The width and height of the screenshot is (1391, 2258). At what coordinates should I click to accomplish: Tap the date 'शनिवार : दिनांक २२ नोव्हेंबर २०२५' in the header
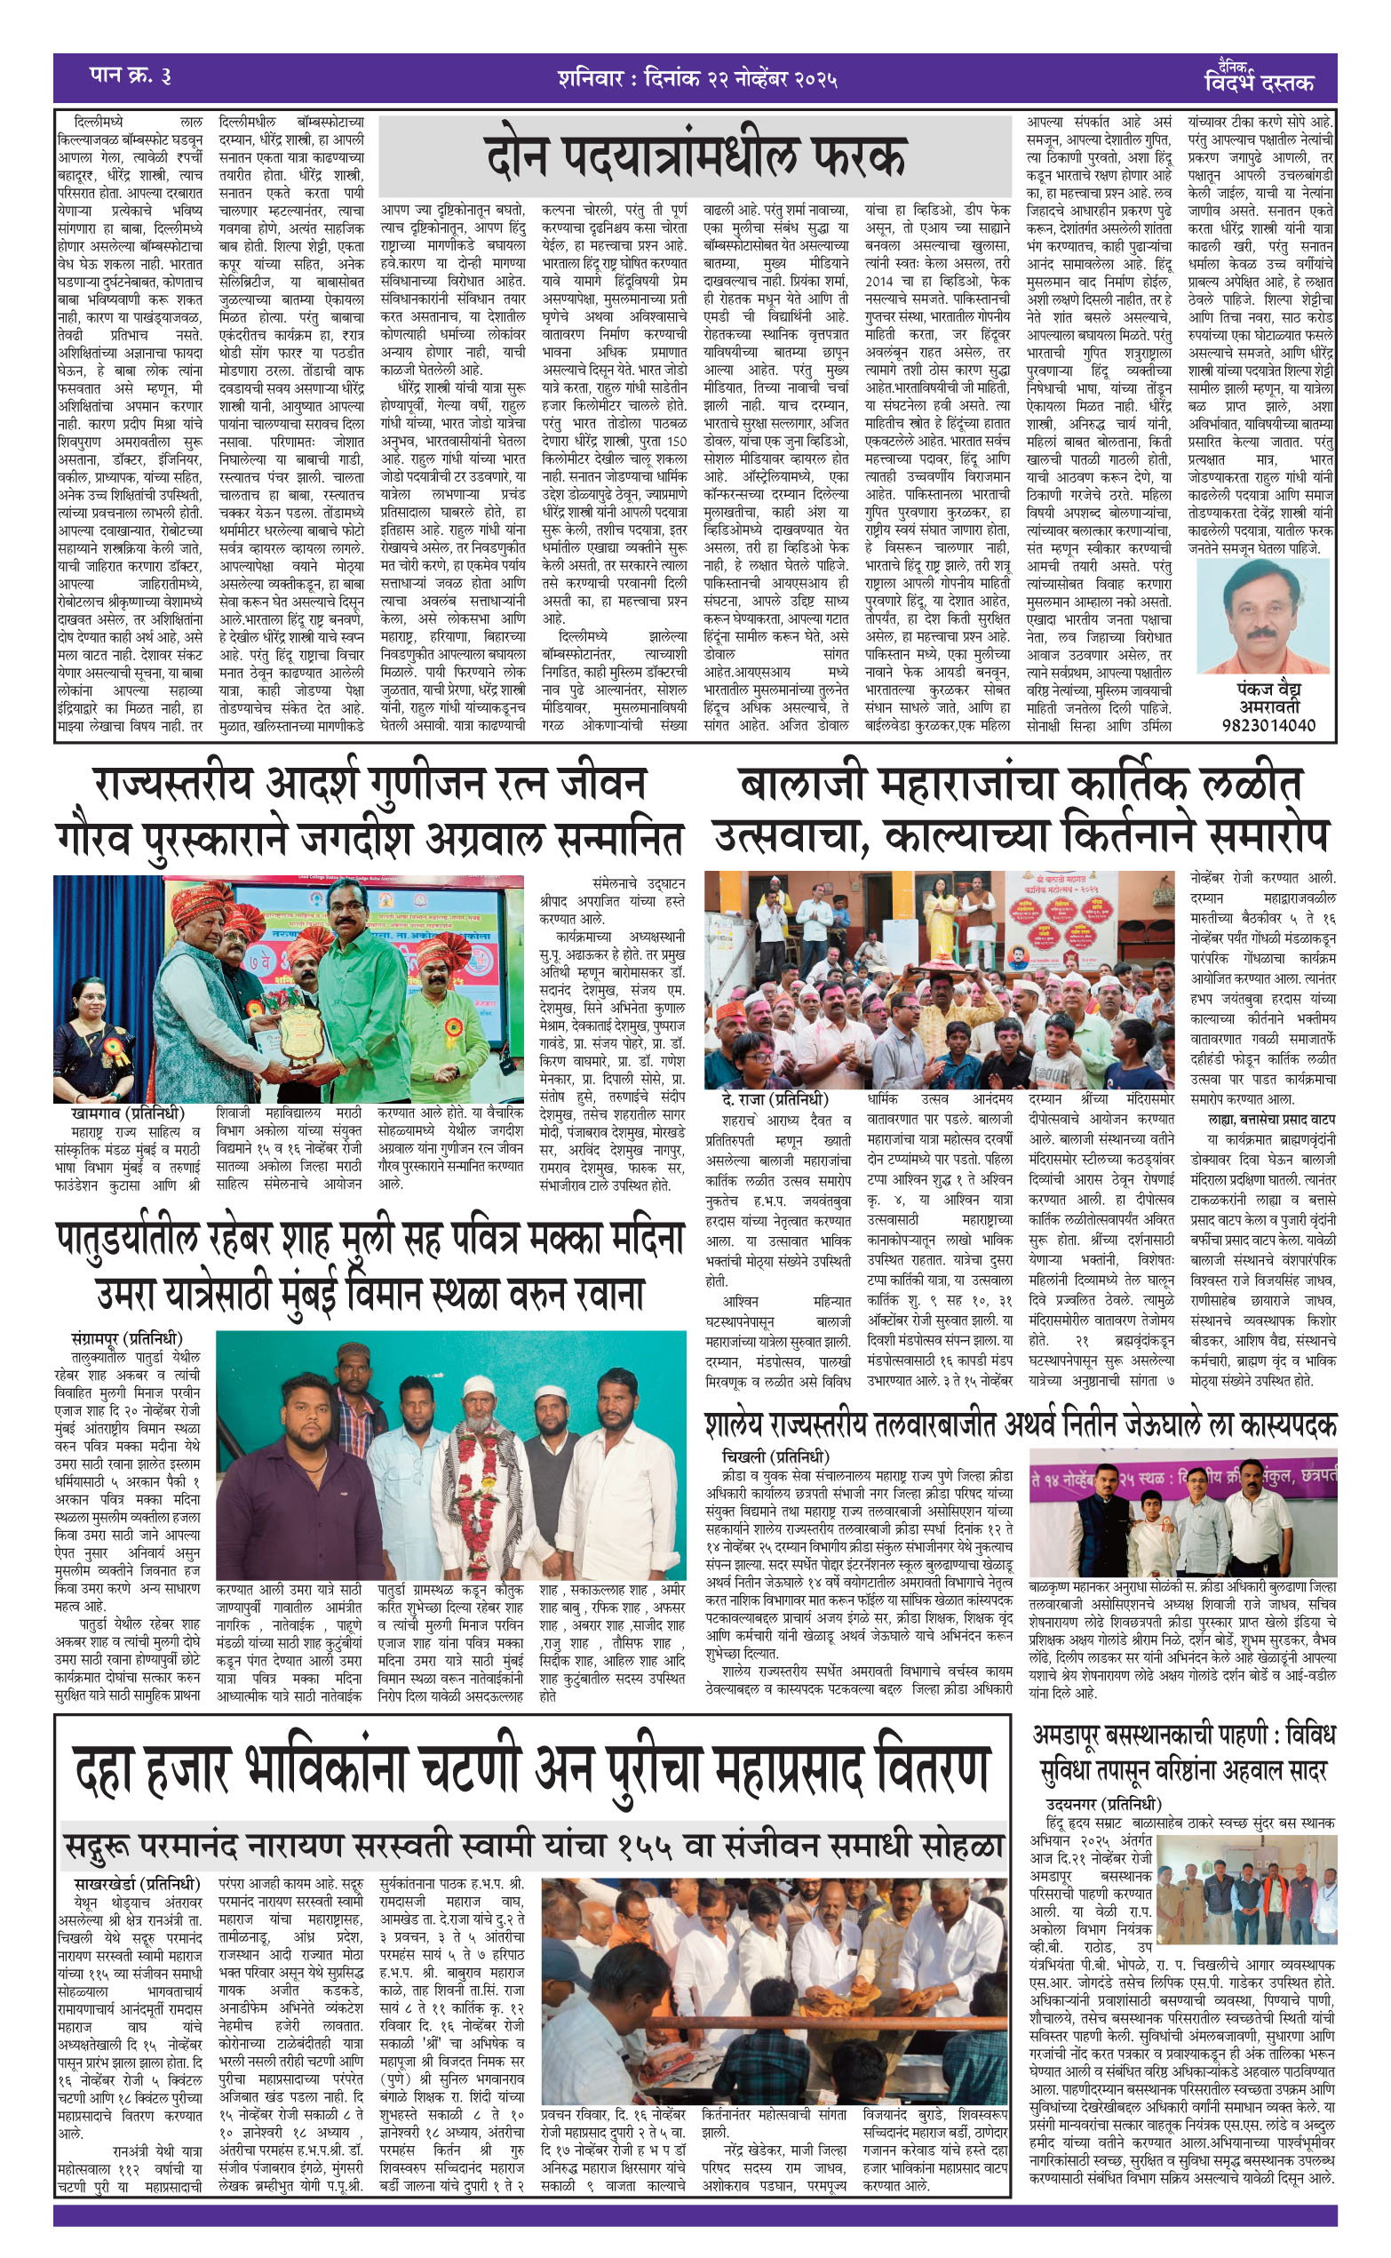click(x=696, y=77)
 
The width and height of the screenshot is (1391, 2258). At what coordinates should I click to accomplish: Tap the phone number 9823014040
click(x=1268, y=725)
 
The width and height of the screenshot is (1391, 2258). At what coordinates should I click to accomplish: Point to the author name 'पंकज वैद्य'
click(x=1268, y=690)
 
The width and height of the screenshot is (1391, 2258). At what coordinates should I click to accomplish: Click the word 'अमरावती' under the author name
click(x=1268, y=706)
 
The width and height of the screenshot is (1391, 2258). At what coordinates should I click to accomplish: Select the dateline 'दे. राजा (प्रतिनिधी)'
click(x=775, y=1099)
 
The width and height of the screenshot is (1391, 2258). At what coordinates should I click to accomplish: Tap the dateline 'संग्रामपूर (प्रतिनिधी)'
click(x=127, y=1338)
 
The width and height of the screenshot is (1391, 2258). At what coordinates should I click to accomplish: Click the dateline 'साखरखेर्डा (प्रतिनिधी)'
click(x=138, y=1884)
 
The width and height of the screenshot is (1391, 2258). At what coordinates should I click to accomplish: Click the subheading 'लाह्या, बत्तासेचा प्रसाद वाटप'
click(x=1271, y=1119)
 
